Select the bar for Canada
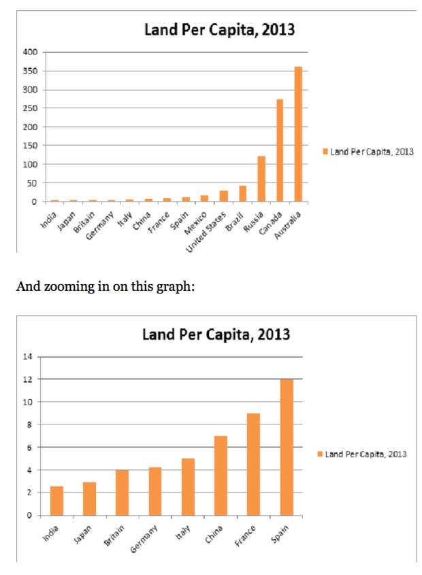(280, 151)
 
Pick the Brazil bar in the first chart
(242, 193)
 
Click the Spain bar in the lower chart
(287, 447)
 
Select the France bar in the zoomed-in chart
(253, 464)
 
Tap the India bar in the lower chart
(57, 501)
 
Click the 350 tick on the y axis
(30, 71)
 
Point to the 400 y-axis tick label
(30, 52)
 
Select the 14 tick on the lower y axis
(28, 356)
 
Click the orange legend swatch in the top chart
(325, 152)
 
